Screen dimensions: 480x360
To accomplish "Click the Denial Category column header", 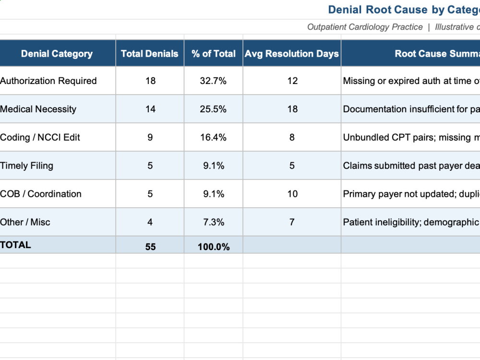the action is (x=57, y=54).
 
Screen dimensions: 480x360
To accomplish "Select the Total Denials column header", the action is (x=150, y=54).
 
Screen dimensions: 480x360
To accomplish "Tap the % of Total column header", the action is (x=214, y=54).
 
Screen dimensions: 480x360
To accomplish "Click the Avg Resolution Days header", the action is (x=292, y=54).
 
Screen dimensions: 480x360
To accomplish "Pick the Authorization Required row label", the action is (x=48, y=81).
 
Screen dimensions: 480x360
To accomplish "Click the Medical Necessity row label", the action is (x=38, y=109).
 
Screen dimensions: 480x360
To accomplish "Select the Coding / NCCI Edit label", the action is (x=40, y=137).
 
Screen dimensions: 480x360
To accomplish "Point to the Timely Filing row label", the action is (x=26, y=166).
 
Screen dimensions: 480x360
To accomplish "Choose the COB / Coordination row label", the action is (x=41, y=194).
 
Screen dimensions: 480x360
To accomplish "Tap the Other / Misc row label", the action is (x=25, y=222).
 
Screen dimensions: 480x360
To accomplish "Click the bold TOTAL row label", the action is (x=15, y=245).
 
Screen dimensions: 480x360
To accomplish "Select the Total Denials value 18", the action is (x=150, y=81).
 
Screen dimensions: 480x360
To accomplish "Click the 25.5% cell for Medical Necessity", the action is (x=213, y=109).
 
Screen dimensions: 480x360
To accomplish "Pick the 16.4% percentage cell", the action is (x=213, y=137).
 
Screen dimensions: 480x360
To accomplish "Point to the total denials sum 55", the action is (x=150, y=247).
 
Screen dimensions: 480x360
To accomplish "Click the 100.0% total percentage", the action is (x=214, y=247).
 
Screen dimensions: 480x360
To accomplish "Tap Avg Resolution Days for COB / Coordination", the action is (x=292, y=194).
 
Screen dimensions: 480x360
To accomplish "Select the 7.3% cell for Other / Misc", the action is (x=214, y=222).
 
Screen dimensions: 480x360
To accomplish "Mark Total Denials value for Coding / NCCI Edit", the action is (x=150, y=137).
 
